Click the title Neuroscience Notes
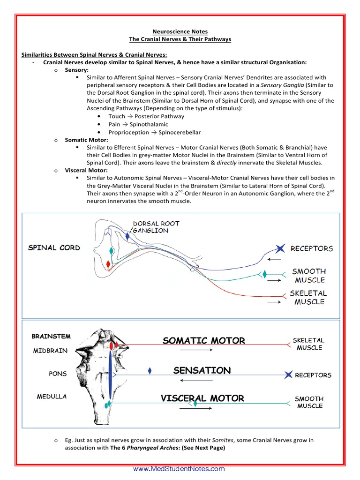(x=180, y=32)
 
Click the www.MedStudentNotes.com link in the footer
(x=179, y=469)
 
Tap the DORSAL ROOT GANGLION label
(x=156, y=227)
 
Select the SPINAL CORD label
(x=54, y=247)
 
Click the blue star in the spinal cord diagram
(x=280, y=248)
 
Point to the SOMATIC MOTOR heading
(x=204, y=341)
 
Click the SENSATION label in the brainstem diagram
(x=202, y=370)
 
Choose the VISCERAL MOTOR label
(x=202, y=398)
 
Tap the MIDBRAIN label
(x=50, y=351)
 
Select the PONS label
(x=58, y=374)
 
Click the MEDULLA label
(x=52, y=397)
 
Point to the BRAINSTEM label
(x=51, y=336)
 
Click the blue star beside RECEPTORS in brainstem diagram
(x=288, y=375)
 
